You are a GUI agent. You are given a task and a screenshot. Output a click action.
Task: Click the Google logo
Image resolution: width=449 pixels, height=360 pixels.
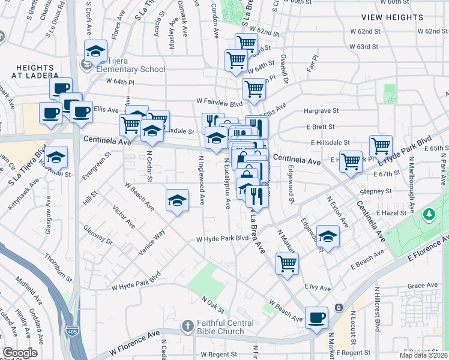click(20, 353)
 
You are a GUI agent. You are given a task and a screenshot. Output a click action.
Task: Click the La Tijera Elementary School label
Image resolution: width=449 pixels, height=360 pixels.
click(131, 68)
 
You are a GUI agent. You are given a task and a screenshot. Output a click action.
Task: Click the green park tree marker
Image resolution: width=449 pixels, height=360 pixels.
click(429, 214)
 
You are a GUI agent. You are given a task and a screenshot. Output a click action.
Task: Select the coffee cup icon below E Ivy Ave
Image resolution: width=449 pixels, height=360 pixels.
click(316, 317)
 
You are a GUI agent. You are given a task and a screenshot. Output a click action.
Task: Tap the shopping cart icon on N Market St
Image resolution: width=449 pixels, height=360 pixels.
click(287, 263)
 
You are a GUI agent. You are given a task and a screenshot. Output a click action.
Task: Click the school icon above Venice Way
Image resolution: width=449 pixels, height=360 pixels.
click(176, 200)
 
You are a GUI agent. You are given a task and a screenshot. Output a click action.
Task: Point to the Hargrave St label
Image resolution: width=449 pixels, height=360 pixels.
click(321, 111)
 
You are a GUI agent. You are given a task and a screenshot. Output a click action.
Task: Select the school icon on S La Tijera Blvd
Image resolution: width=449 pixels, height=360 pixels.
click(56, 157)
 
